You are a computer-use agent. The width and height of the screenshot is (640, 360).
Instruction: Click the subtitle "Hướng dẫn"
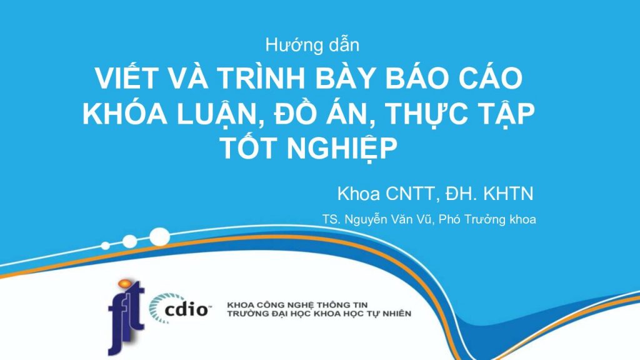click(x=312, y=45)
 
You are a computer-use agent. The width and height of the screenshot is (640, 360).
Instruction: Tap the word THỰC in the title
click(x=426, y=114)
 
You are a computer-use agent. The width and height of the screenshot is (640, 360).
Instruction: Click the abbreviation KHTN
click(x=508, y=194)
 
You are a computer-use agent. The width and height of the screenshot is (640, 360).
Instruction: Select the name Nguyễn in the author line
click(x=366, y=219)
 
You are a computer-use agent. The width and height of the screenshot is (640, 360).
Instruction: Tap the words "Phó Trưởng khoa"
click(x=487, y=219)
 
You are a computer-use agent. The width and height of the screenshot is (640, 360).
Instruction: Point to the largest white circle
click(x=159, y=237)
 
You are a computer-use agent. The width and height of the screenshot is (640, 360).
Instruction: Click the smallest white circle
click(x=105, y=246)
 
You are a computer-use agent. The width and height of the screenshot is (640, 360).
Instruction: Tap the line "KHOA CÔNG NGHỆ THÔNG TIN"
click(x=297, y=305)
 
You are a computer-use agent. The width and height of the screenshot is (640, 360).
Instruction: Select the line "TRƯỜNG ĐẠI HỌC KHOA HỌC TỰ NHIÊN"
click(x=319, y=314)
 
